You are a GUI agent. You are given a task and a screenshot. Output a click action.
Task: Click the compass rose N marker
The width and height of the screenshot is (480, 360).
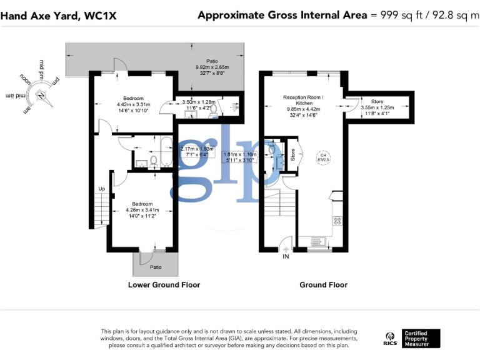41,96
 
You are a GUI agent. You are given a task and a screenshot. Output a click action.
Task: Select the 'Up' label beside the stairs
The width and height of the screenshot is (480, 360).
101,189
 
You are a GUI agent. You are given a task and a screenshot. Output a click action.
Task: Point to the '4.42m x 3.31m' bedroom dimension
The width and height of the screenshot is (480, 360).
133,104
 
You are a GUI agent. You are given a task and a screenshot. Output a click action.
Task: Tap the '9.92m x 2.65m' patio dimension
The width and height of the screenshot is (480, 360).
212,67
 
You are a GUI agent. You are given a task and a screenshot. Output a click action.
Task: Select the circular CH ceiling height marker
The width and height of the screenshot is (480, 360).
323,158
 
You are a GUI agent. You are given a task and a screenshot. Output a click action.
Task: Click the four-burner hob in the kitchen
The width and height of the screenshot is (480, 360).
337,220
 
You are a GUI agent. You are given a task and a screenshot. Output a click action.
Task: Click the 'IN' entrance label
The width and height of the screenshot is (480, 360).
286,256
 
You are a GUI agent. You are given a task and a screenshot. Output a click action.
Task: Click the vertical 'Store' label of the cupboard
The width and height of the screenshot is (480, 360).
292,154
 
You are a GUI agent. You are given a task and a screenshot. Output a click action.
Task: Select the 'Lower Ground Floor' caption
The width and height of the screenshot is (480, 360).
164,285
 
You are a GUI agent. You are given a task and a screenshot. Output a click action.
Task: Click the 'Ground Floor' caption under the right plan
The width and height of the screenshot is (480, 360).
323,285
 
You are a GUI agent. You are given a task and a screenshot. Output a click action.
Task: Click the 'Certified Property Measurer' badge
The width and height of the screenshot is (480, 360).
421,338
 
